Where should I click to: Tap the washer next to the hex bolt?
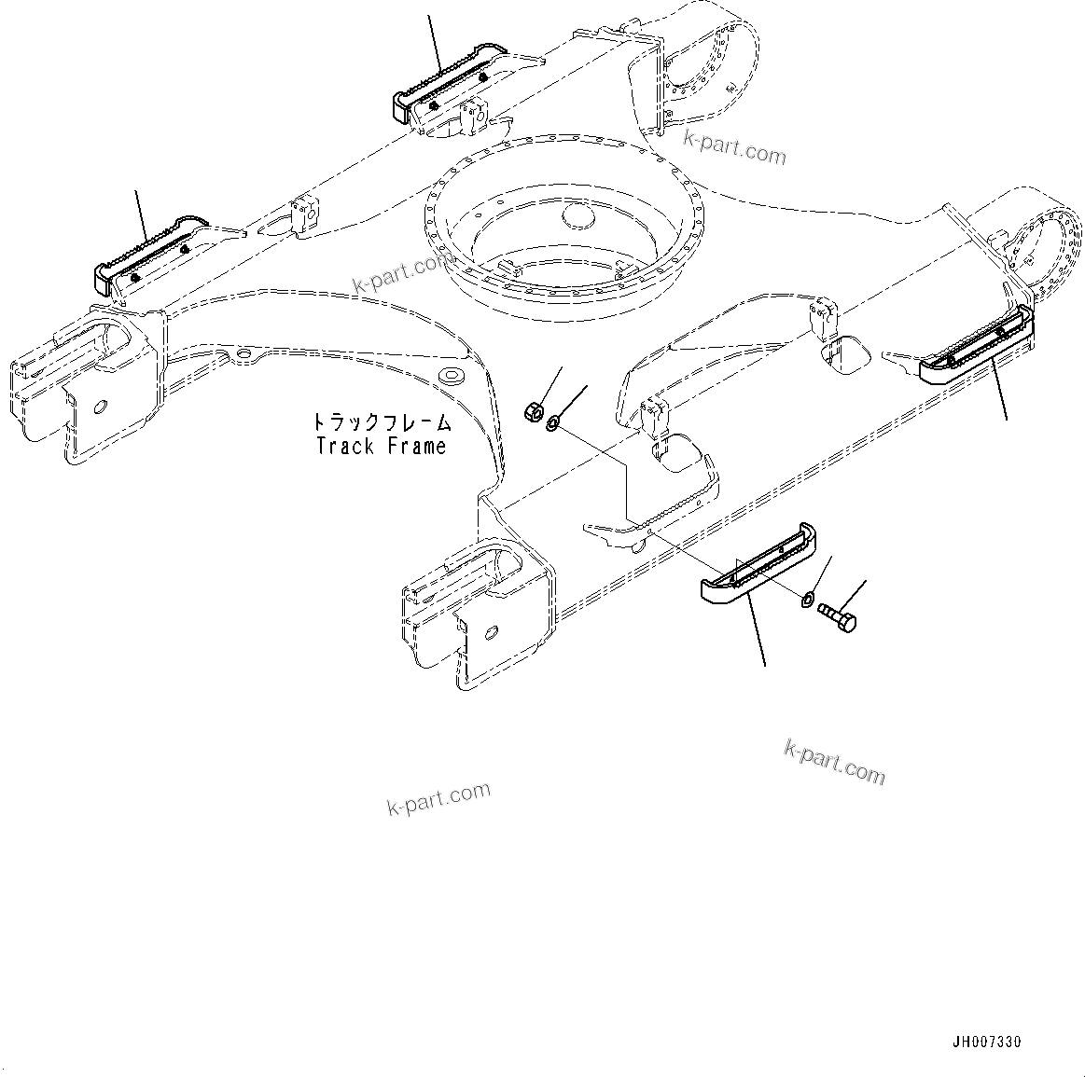pyautogui.click(x=808, y=597)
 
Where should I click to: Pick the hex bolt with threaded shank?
pyautogui.click(x=837, y=617)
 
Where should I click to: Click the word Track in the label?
pyautogui.click(x=344, y=447)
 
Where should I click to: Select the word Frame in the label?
pyautogui.click(x=416, y=447)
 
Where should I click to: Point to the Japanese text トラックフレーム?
pyautogui.click(x=382, y=422)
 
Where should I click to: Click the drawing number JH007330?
pyautogui.click(x=993, y=1042)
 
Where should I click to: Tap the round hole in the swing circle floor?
pyautogui.click(x=579, y=218)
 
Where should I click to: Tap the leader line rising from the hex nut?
pyautogui.click(x=548, y=384)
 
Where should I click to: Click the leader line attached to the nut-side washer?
pyautogui.click(x=573, y=400)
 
